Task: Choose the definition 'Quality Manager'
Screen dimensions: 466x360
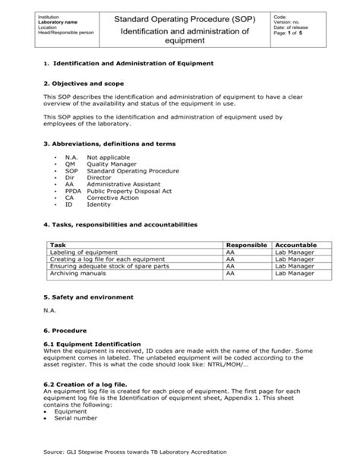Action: point(112,163)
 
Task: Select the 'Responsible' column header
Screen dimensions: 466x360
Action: point(247,245)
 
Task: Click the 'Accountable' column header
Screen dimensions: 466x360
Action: point(296,245)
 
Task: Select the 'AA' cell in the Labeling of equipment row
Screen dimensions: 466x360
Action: point(231,252)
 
